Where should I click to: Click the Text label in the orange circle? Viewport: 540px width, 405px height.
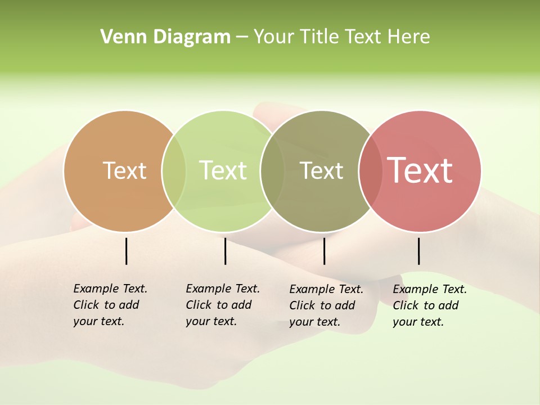point(124,170)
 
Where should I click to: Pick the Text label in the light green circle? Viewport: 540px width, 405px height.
point(223,170)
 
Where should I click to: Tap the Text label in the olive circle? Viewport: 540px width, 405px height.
point(321,170)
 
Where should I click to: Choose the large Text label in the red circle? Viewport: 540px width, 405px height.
point(420,170)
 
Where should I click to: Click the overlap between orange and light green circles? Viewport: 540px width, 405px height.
point(174,171)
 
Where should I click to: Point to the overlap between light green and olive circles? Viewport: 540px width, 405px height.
point(272,171)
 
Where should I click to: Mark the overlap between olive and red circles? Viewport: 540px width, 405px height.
point(370,171)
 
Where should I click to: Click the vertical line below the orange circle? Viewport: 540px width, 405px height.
point(127,251)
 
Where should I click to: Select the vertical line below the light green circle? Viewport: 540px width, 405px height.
point(225,251)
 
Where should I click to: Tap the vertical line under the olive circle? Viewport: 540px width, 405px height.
point(324,251)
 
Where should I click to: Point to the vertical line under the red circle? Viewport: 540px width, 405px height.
point(418,251)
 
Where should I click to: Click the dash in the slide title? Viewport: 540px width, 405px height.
point(242,38)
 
